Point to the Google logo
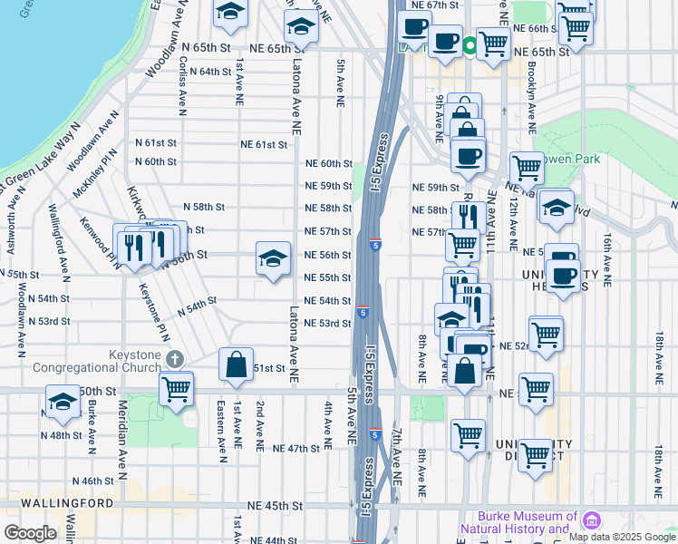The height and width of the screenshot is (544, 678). pos(30,532)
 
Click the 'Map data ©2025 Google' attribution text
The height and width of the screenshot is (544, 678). pos(621,537)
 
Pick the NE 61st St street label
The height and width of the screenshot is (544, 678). pos(264,144)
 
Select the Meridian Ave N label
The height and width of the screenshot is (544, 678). pos(121,446)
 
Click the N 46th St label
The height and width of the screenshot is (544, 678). pos(92,481)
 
